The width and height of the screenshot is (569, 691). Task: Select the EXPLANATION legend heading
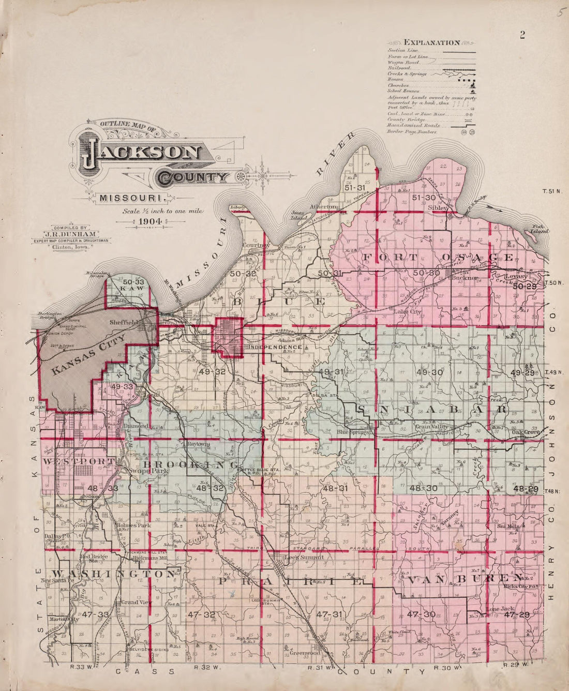point(432,42)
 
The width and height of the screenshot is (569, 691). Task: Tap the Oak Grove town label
point(526,432)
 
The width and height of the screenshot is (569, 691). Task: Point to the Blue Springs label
point(354,431)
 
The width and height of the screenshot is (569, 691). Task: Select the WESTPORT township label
point(79,460)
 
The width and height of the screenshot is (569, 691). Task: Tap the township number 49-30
point(429,372)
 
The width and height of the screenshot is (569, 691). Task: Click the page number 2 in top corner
point(522,35)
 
